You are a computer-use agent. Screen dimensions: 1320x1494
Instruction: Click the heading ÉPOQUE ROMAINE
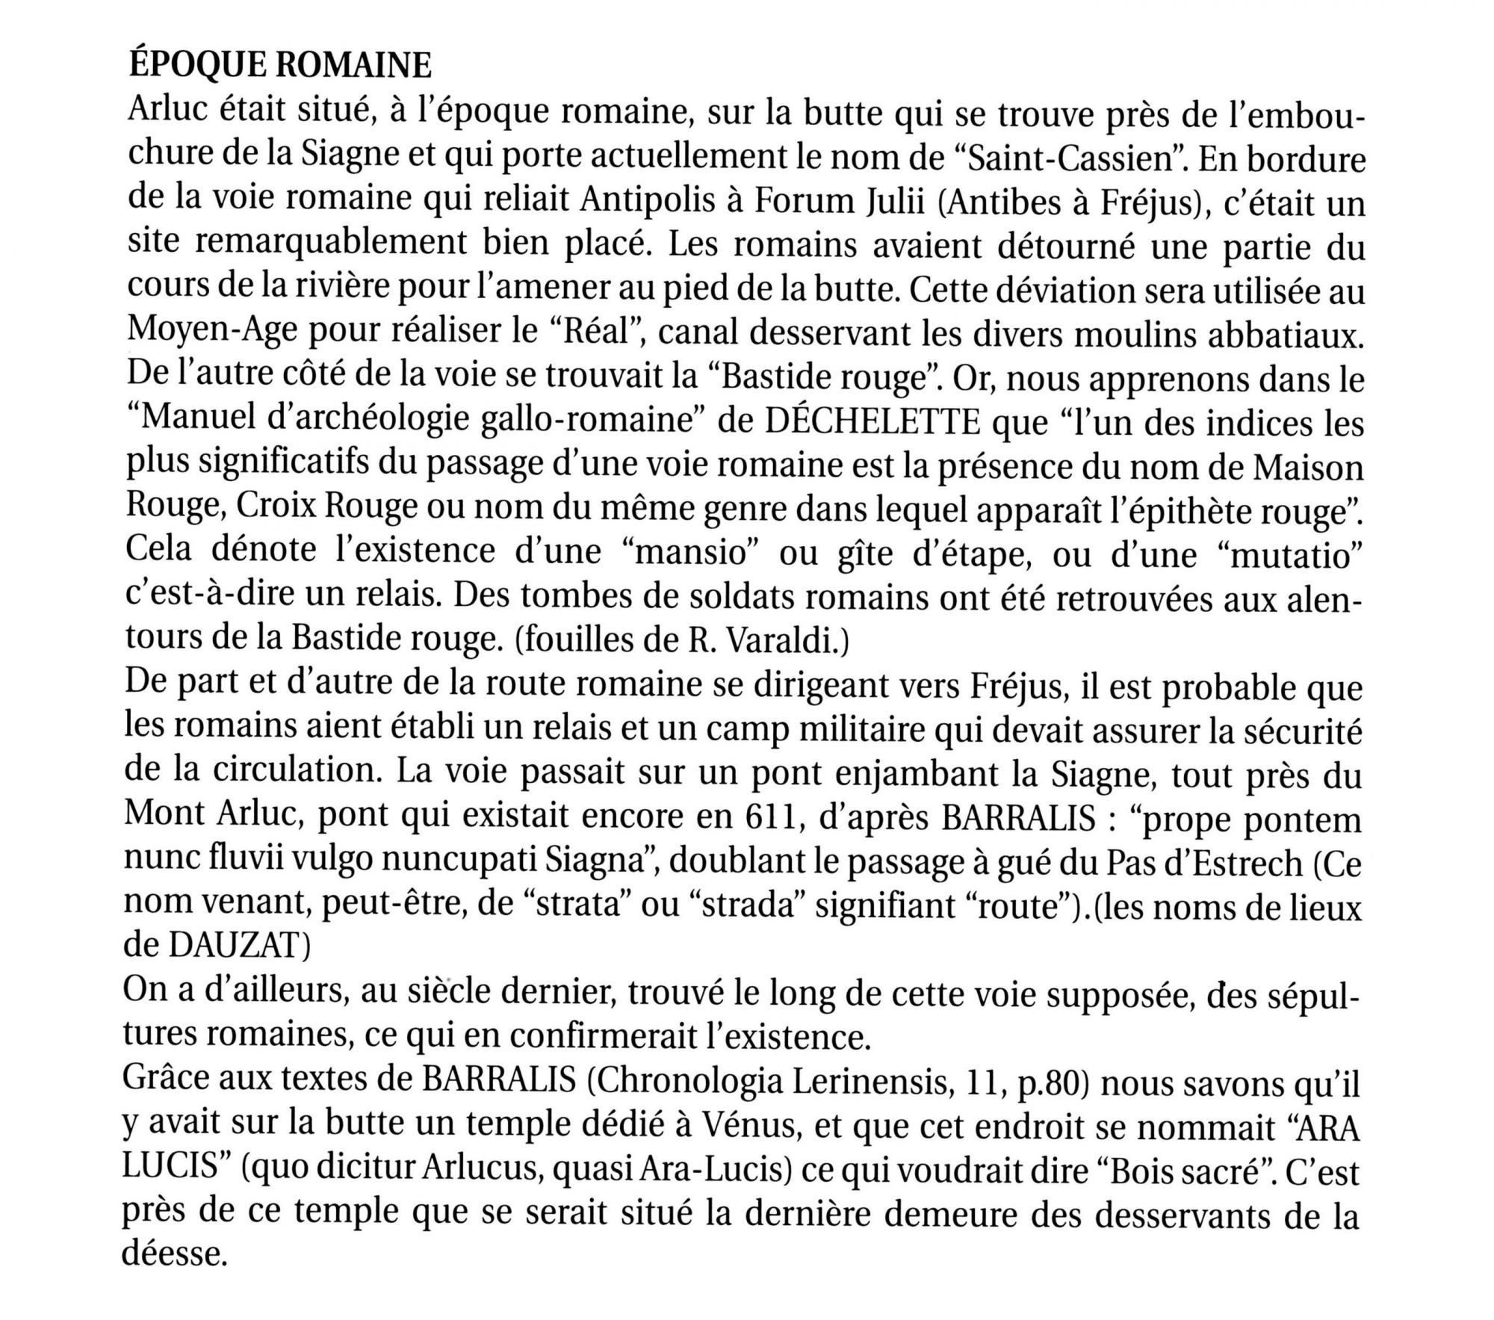click(x=279, y=67)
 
